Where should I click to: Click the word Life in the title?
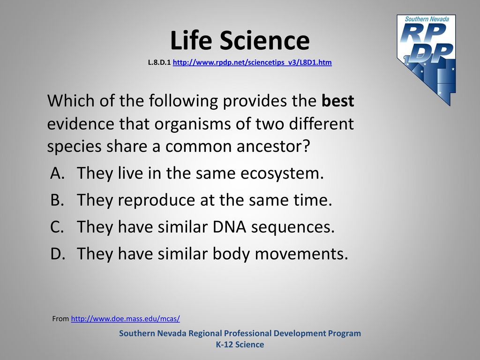(x=191, y=40)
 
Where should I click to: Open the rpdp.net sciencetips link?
(x=252, y=62)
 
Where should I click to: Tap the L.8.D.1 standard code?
(x=159, y=62)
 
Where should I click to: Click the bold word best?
(x=337, y=101)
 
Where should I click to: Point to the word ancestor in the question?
(x=273, y=146)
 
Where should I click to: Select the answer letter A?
(x=57, y=173)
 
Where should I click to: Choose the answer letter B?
(x=57, y=200)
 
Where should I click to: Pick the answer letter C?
(x=57, y=227)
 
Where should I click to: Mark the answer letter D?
(x=58, y=254)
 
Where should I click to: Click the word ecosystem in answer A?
(x=282, y=173)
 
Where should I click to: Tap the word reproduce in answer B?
(x=156, y=201)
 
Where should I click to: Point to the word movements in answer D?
(x=301, y=254)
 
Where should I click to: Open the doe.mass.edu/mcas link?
(x=126, y=319)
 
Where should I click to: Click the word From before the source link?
(x=60, y=319)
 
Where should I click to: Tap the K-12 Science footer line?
(x=240, y=345)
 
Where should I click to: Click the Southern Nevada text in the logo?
(x=427, y=19)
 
